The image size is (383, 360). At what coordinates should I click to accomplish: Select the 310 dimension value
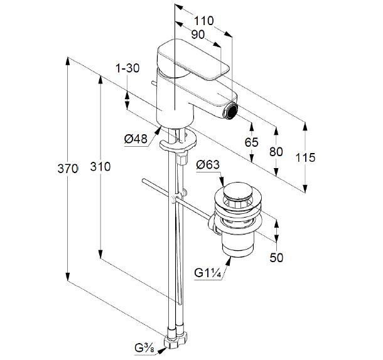(x=100, y=167)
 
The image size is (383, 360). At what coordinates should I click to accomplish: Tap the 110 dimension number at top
(x=203, y=21)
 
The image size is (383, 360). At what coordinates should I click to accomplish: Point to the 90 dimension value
(x=198, y=35)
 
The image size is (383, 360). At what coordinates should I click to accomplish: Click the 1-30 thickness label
(x=127, y=68)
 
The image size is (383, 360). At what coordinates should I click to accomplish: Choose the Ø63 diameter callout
(x=207, y=165)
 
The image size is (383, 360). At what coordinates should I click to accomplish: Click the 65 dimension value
(x=251, y=142)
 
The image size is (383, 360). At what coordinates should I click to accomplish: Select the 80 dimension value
(x=275, y=151)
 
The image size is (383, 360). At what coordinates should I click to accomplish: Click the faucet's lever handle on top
(x=191, y=60)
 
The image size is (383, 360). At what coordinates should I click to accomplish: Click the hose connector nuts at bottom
(x=175, y=339)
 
